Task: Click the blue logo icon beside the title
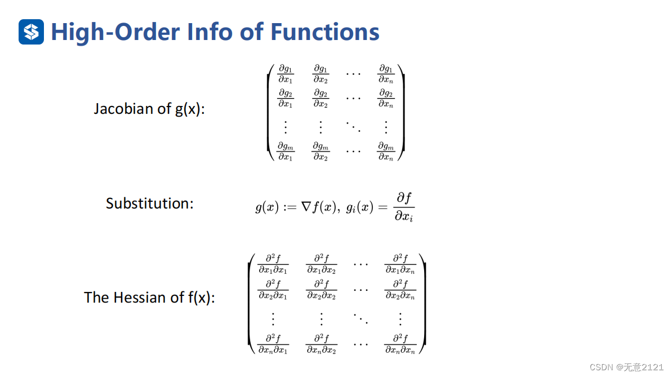[31, 32]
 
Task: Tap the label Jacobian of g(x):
[149, 108]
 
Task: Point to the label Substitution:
[149, 203]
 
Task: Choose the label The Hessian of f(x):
[149, 297]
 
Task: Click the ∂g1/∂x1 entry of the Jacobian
[286, 74]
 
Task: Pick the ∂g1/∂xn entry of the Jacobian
[386, 74]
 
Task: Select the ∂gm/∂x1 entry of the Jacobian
[286, 151]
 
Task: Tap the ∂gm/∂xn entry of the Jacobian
[386, 151]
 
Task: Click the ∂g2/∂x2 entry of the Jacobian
[321, 98]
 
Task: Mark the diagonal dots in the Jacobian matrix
[353, 126]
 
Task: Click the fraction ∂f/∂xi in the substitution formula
[403, 207]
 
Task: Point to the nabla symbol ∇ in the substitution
[306, 207]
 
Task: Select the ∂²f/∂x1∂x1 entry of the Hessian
[273, 264]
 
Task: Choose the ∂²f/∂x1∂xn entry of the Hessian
[400, 264]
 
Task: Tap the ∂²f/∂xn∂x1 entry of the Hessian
[273, 343]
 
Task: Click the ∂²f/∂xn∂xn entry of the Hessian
[400, 343]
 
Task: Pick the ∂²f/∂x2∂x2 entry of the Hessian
[321, 290]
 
